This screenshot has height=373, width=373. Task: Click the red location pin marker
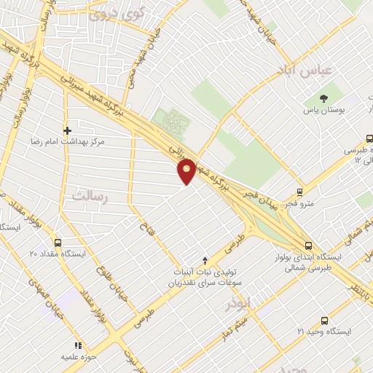coord(187,170)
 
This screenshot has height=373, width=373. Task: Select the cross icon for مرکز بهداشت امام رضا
coord(67,131)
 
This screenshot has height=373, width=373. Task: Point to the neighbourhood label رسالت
coord(90,195)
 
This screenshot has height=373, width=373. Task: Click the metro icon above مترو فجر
coord(300,192)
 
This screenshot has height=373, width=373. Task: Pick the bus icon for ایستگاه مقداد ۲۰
coord(58,243)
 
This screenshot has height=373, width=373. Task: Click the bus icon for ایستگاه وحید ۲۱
coord(324,321)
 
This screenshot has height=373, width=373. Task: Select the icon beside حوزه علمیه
coord(77,345)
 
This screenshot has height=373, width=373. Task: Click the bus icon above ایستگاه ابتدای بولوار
coord(308,246)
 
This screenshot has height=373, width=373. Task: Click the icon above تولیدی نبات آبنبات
coord(205,259)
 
